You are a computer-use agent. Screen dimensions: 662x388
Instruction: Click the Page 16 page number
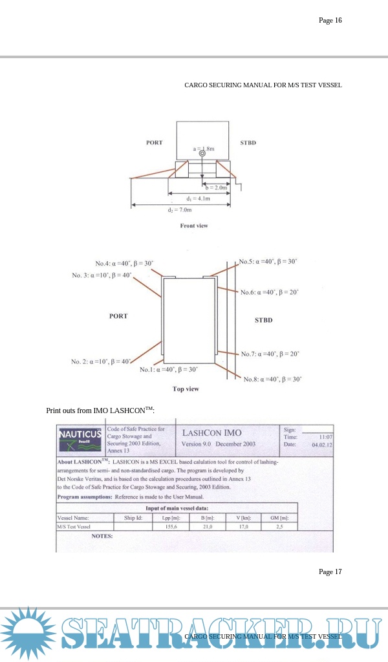point(330,20)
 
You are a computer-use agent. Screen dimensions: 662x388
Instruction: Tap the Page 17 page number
point(330,571)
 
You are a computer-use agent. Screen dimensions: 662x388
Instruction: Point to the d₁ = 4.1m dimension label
point(197,198)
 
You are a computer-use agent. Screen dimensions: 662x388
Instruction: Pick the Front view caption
point(194,226)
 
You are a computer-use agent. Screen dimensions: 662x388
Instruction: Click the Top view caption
point(186,389)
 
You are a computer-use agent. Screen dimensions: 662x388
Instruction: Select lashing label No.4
point(124,263)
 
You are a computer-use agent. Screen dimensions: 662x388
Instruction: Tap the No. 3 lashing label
point(102,275)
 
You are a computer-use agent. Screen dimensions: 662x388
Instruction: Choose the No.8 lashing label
point(272,379)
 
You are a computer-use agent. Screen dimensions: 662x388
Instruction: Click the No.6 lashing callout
point(270,292)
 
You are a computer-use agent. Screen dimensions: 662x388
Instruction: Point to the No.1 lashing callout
point(169,369)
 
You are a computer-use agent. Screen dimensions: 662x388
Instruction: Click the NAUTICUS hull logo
point(80,438)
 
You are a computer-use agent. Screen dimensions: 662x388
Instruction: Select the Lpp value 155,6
point(171,527)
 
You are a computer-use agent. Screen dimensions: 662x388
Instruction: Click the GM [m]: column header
point(279,518)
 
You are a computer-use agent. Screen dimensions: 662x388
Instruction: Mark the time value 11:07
point(321,438)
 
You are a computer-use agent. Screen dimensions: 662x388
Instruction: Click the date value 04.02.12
point(321,445)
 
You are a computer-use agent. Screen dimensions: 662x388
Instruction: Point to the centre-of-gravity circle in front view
point(202,154)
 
